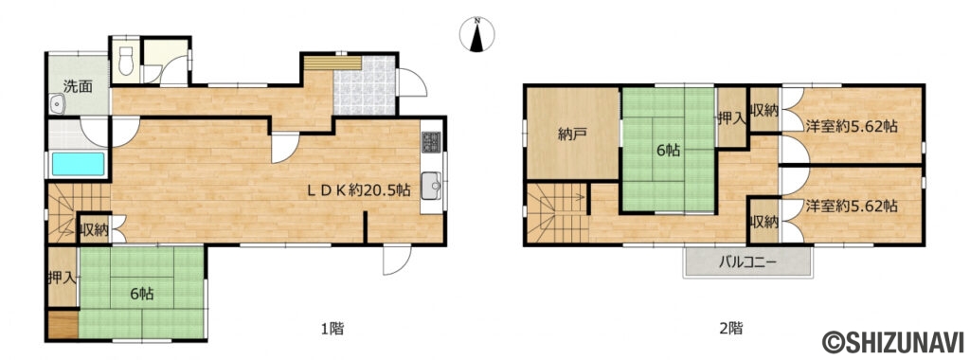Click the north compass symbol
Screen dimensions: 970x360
coord(477,35)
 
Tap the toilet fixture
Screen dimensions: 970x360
coord(126,60)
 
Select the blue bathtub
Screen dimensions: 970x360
coord(78,164)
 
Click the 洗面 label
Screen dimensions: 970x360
coord(79,86)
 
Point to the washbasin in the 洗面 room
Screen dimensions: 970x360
coord(58,104)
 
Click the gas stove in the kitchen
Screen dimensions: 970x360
coord(431,143)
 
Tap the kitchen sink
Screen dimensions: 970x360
coord(431,187)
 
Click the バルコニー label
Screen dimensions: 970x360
coord(746,262)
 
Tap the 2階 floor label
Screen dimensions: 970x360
coord(730,328)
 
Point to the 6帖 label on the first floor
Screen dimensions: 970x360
coord(142,295)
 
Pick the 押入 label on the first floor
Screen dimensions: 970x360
coord(62,278)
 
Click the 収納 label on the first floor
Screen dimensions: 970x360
coord(94,230)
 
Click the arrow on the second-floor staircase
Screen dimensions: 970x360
coord(569,198)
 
